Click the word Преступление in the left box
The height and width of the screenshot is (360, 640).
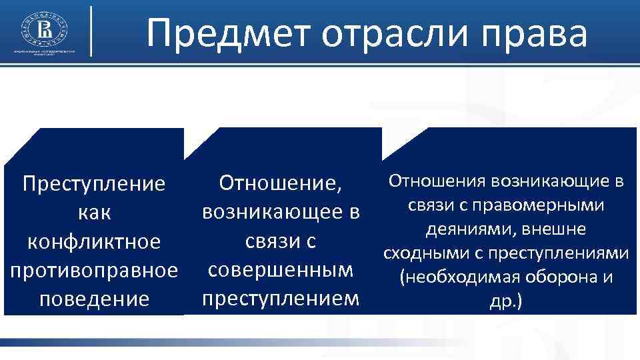pyautogui.click(x=93, y=183)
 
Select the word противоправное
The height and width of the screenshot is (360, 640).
pyautogui.click(x=93, y=271)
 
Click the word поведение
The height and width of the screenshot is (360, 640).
pyautogui.click(x=94, y=299)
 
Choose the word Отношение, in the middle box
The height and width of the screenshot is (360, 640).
pyautogui.click(x=280, y=182)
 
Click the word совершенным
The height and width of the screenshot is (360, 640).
pyautogui.click(x=280, y=271)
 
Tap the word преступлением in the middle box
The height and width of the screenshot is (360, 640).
pyautogui.click(x=280, y=299)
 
